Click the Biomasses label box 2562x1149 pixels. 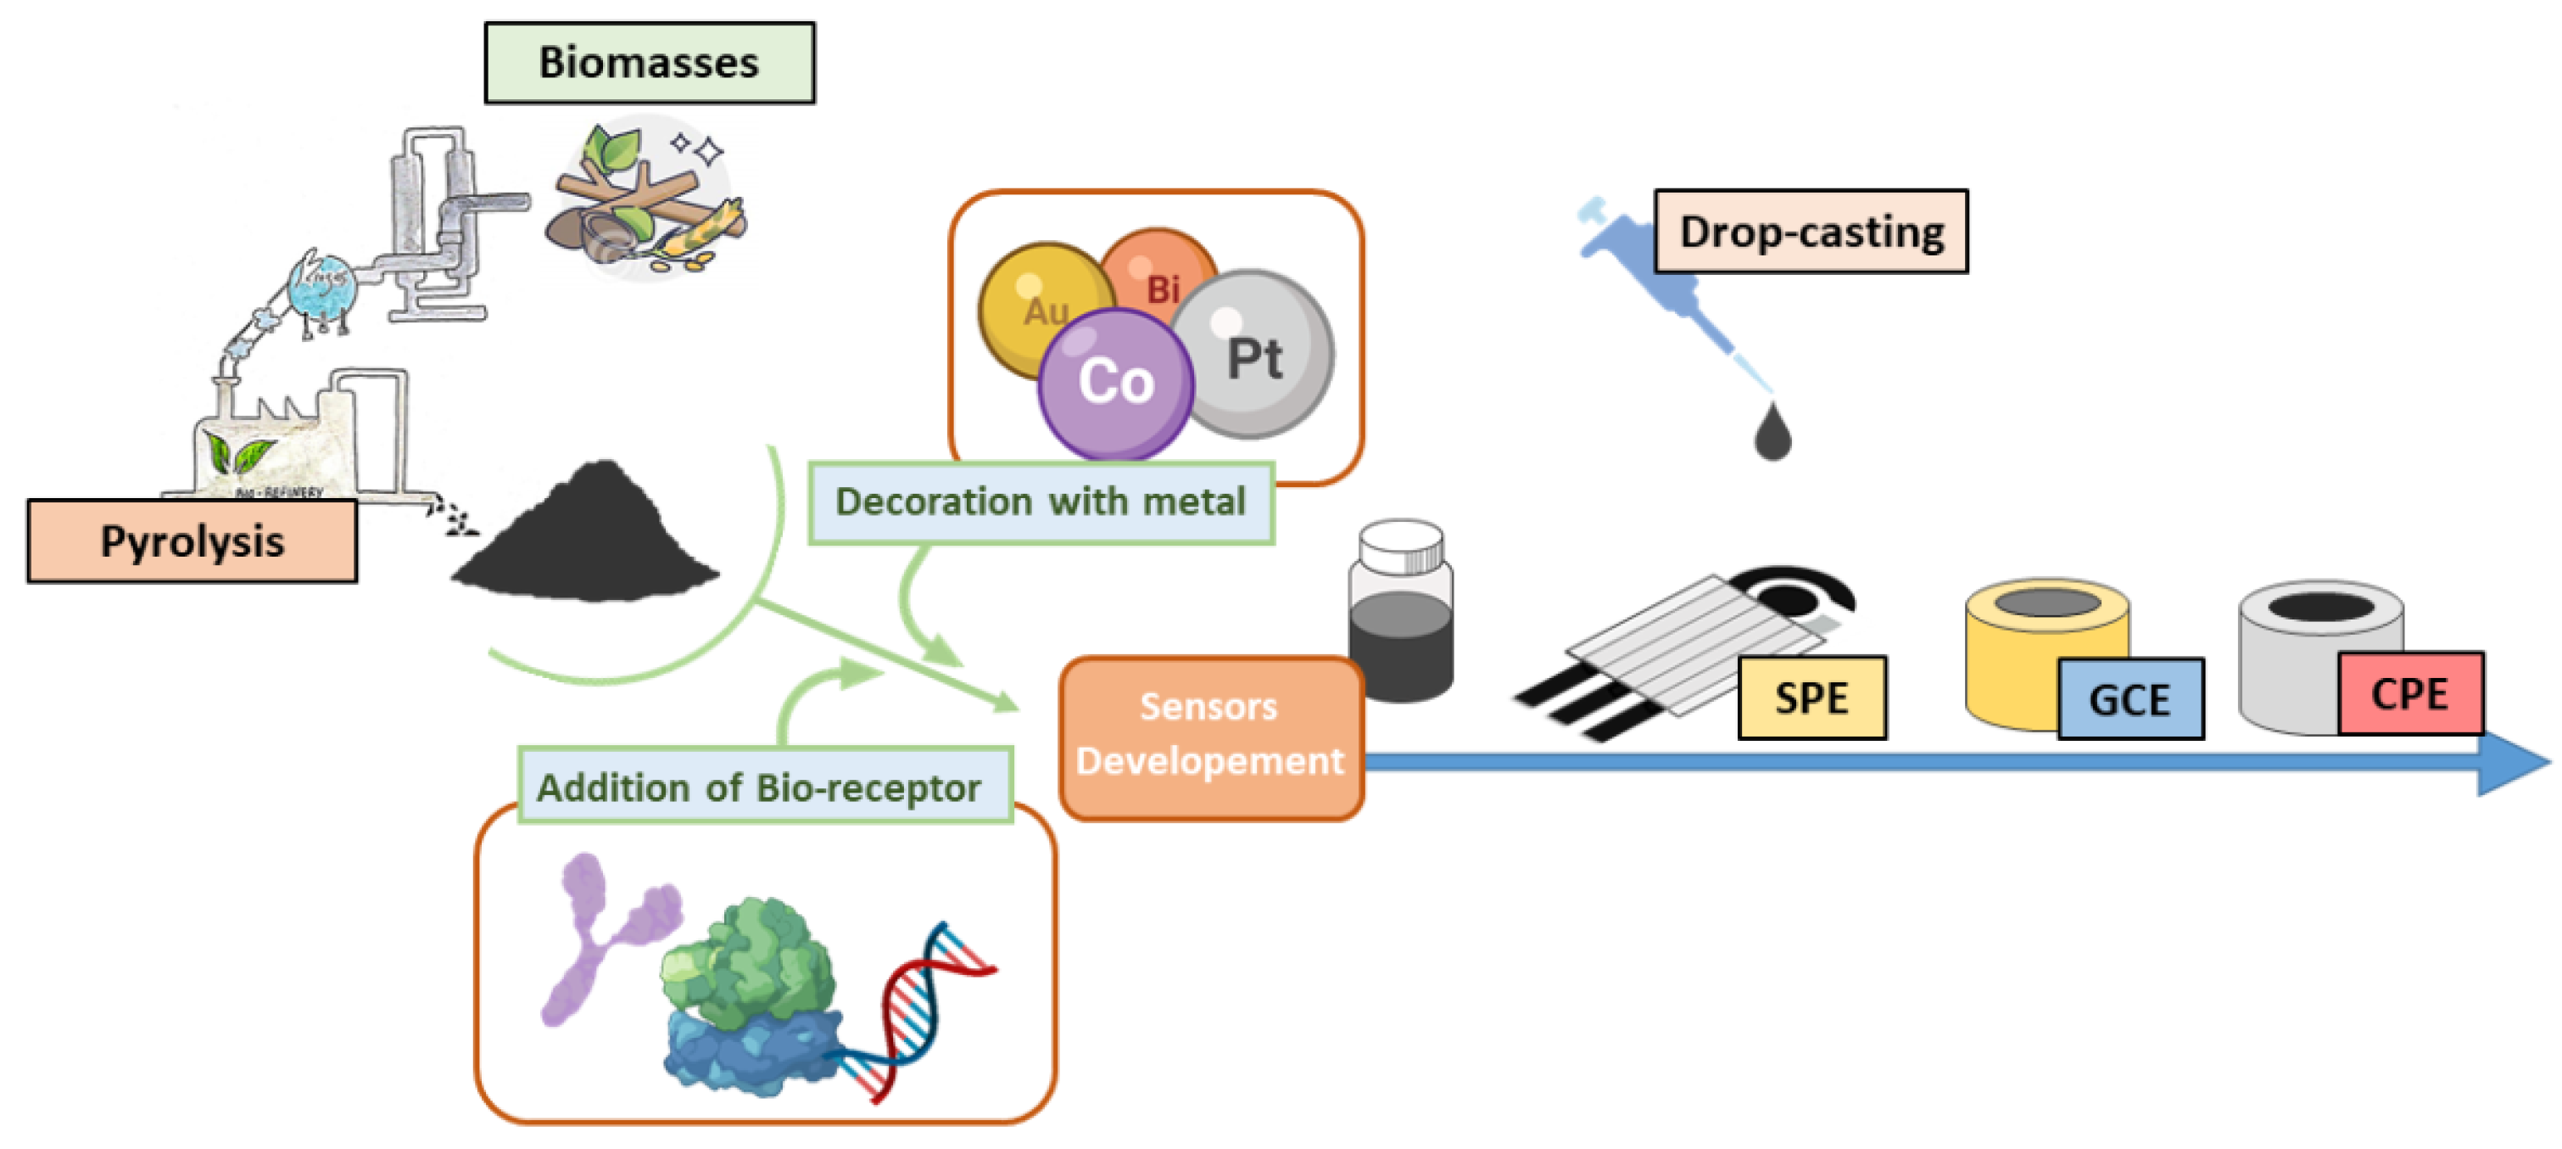tap(649, 63)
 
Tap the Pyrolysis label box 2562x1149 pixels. tap(192, 541)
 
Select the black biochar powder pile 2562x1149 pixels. tap(587, 542)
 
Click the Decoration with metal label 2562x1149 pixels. tap(1041, 502)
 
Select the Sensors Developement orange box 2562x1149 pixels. tap(1210, 736)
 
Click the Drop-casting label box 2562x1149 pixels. tap(1810, 232)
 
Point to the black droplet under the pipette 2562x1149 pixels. tap(1772, 434)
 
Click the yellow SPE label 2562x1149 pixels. tap(1811, 698)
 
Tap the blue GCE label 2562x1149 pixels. tap(2129, 699)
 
